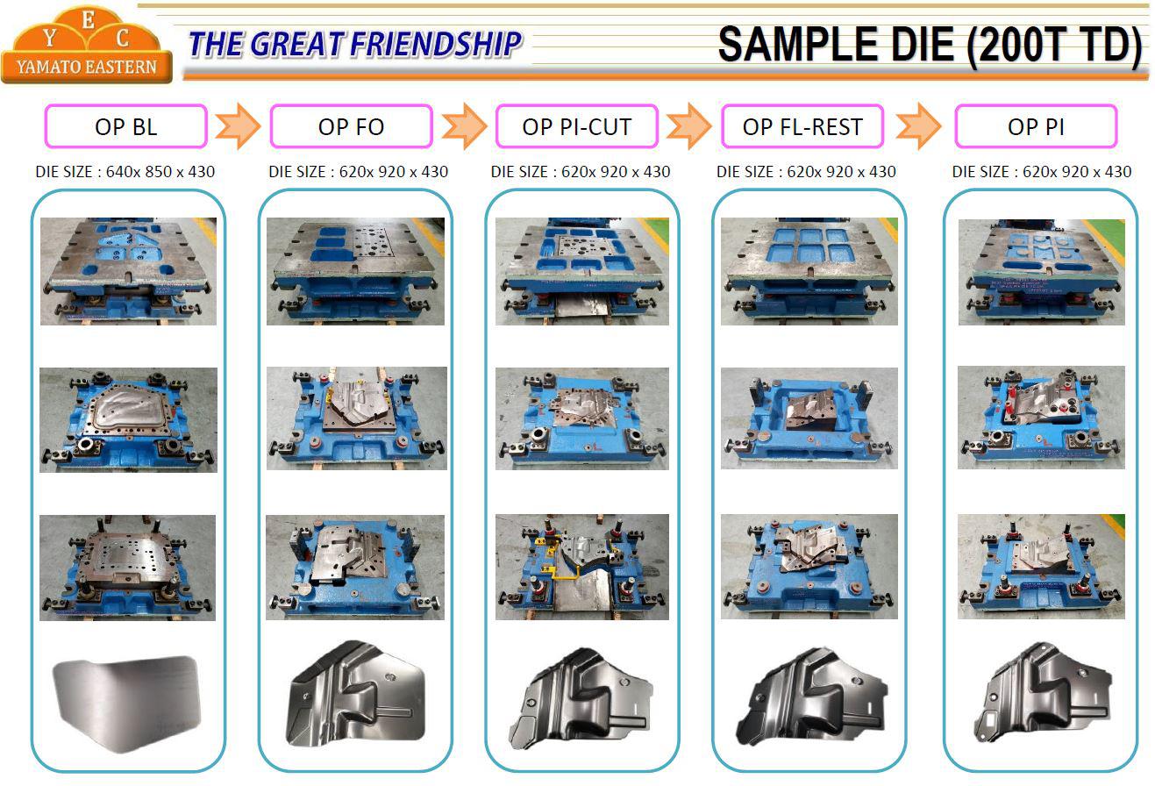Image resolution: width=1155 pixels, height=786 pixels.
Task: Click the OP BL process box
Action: tap(125, 126)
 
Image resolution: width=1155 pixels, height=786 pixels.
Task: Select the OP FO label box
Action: tap(351, 126)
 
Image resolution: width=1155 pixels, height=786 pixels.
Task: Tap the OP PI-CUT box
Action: tap(576, 126)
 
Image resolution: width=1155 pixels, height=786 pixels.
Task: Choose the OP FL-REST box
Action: tap(802, 126)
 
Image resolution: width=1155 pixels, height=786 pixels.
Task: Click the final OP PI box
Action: tap(1036, 126)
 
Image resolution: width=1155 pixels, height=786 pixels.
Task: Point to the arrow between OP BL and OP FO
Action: tap(238, 126)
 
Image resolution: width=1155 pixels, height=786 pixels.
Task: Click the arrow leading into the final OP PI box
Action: tap(918, 126)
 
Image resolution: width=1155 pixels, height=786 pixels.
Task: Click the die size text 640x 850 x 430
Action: tap(160, 171)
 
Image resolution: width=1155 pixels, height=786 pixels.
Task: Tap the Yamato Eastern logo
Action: tap(87, 45)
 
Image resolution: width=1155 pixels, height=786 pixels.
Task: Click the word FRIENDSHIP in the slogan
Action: tap(436, 43)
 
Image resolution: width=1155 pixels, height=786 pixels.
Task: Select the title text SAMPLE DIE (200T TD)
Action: tap(930, 46)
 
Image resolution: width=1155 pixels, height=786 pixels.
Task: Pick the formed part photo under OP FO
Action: tap(356, 694)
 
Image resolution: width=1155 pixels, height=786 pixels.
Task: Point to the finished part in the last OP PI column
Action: tap(1042, 692)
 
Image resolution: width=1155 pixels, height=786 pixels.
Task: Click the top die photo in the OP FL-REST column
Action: tap(809, 271)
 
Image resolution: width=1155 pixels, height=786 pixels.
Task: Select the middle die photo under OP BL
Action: tap(128, 420)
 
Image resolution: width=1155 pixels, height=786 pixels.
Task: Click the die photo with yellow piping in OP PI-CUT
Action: tap(582, 567)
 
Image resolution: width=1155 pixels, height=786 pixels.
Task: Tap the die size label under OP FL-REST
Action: tap(806, 171)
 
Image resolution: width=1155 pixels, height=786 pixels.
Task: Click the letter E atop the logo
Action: tap(89, 20)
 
